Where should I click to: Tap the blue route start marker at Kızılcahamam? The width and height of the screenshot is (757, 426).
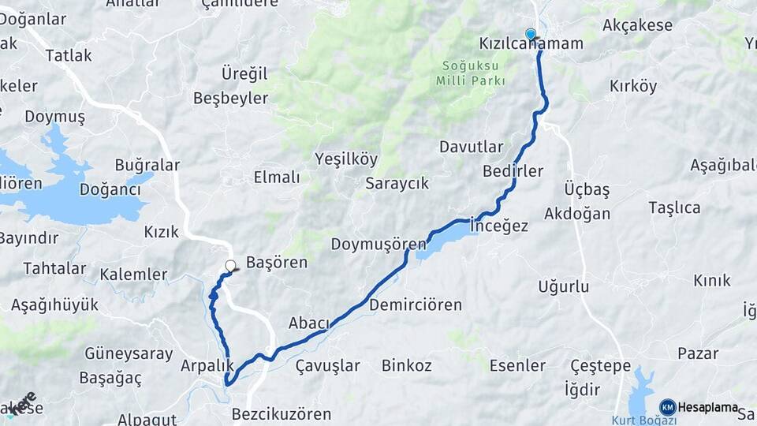531,34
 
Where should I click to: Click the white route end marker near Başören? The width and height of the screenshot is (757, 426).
230,267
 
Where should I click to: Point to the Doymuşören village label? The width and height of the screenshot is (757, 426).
378,244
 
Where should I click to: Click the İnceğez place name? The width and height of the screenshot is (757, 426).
499,226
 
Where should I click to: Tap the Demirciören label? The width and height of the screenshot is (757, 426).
414,305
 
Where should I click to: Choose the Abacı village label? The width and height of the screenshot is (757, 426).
308,323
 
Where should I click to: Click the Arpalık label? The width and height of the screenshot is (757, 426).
207,365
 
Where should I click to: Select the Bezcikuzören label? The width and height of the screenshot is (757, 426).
282,413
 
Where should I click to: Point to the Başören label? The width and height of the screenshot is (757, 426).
277,263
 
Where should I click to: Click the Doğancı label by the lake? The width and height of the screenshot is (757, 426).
109,189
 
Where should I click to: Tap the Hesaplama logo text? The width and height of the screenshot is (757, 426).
708,407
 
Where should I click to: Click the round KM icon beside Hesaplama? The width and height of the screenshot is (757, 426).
667,407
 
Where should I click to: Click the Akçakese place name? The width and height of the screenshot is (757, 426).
637,25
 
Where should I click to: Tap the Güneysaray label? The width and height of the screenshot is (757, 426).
129,353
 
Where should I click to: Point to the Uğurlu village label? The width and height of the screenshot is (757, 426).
563,286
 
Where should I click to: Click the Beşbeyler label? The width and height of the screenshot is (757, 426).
230,99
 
